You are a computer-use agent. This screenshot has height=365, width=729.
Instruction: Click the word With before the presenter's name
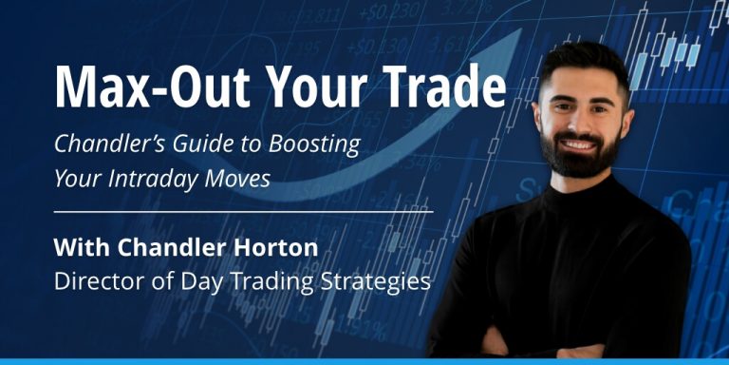coord(78,248)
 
